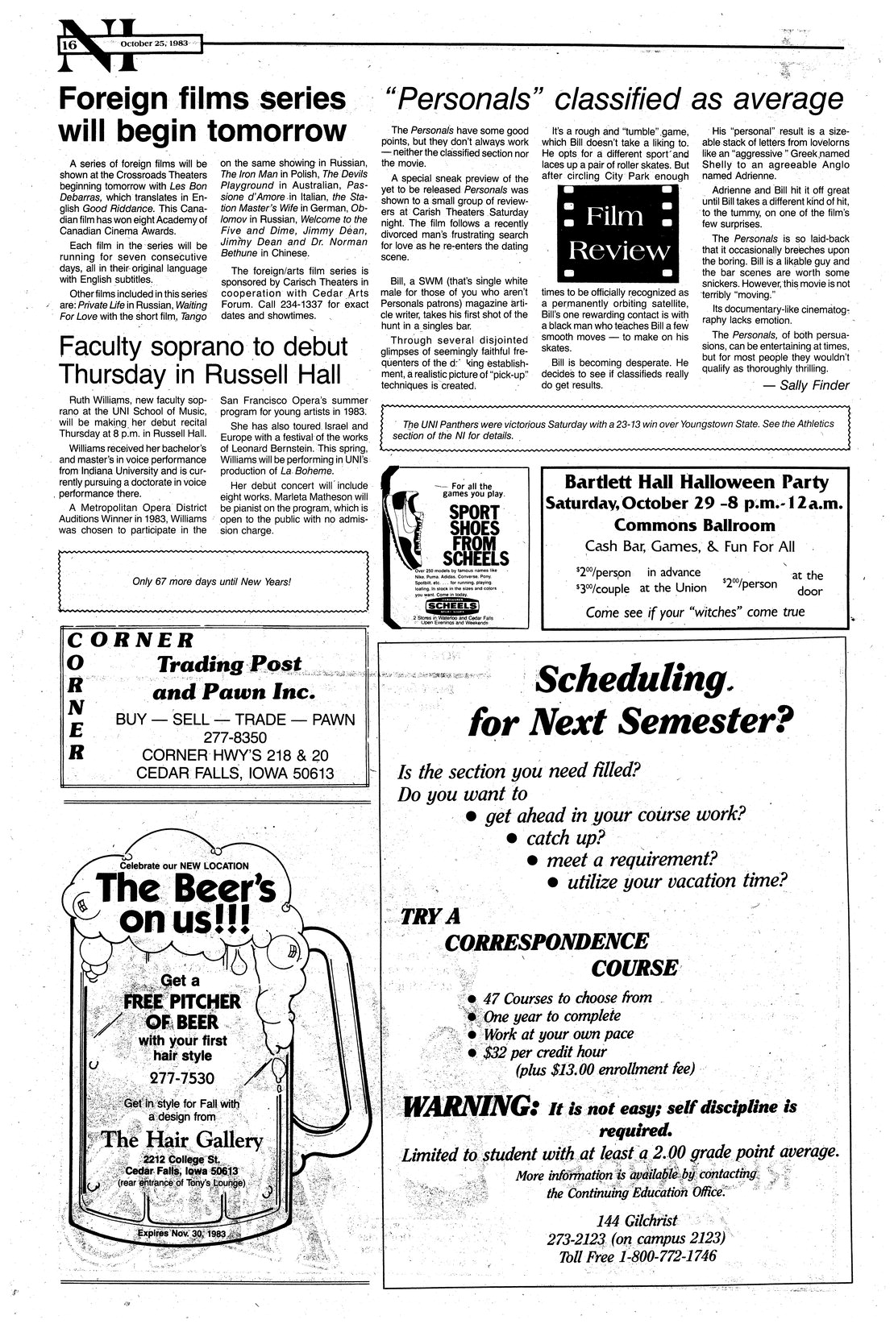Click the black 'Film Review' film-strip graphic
pos(617,232)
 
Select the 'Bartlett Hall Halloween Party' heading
pos(696,483)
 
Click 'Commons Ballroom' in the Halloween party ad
pos(695,525)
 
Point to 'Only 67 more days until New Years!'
pos(211,580)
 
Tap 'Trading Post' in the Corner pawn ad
pos(229,665)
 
